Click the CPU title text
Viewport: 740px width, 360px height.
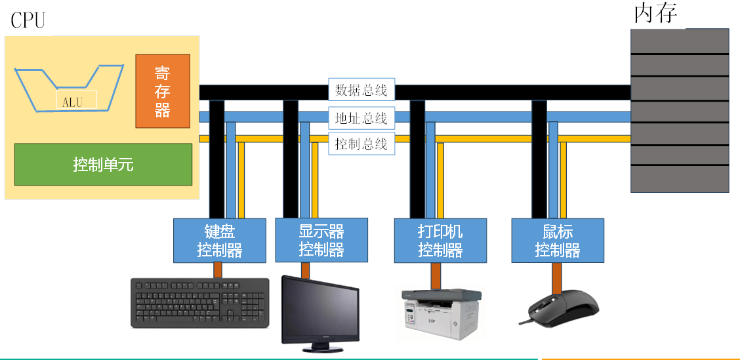click(28, 20)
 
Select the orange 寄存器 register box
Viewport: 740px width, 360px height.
click(163, 91)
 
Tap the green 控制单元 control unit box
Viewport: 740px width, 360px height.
click(103, 164)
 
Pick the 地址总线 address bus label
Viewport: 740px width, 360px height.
click(361, 118)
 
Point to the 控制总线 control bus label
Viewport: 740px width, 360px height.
click(361, 144)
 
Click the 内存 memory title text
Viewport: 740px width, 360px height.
click(655, 14)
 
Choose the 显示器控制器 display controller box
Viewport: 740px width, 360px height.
click(321, 240)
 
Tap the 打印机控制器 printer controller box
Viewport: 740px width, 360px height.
click(440, 240)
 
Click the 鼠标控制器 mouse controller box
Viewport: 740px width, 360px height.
click(558, 240)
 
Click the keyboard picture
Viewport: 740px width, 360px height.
click(200, 303)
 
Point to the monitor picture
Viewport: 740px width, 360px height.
click(320, 308)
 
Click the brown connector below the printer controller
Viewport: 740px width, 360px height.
click(436, 274)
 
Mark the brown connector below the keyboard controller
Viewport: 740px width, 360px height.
click(218, 270)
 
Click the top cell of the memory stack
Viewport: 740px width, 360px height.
click(680, 41)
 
